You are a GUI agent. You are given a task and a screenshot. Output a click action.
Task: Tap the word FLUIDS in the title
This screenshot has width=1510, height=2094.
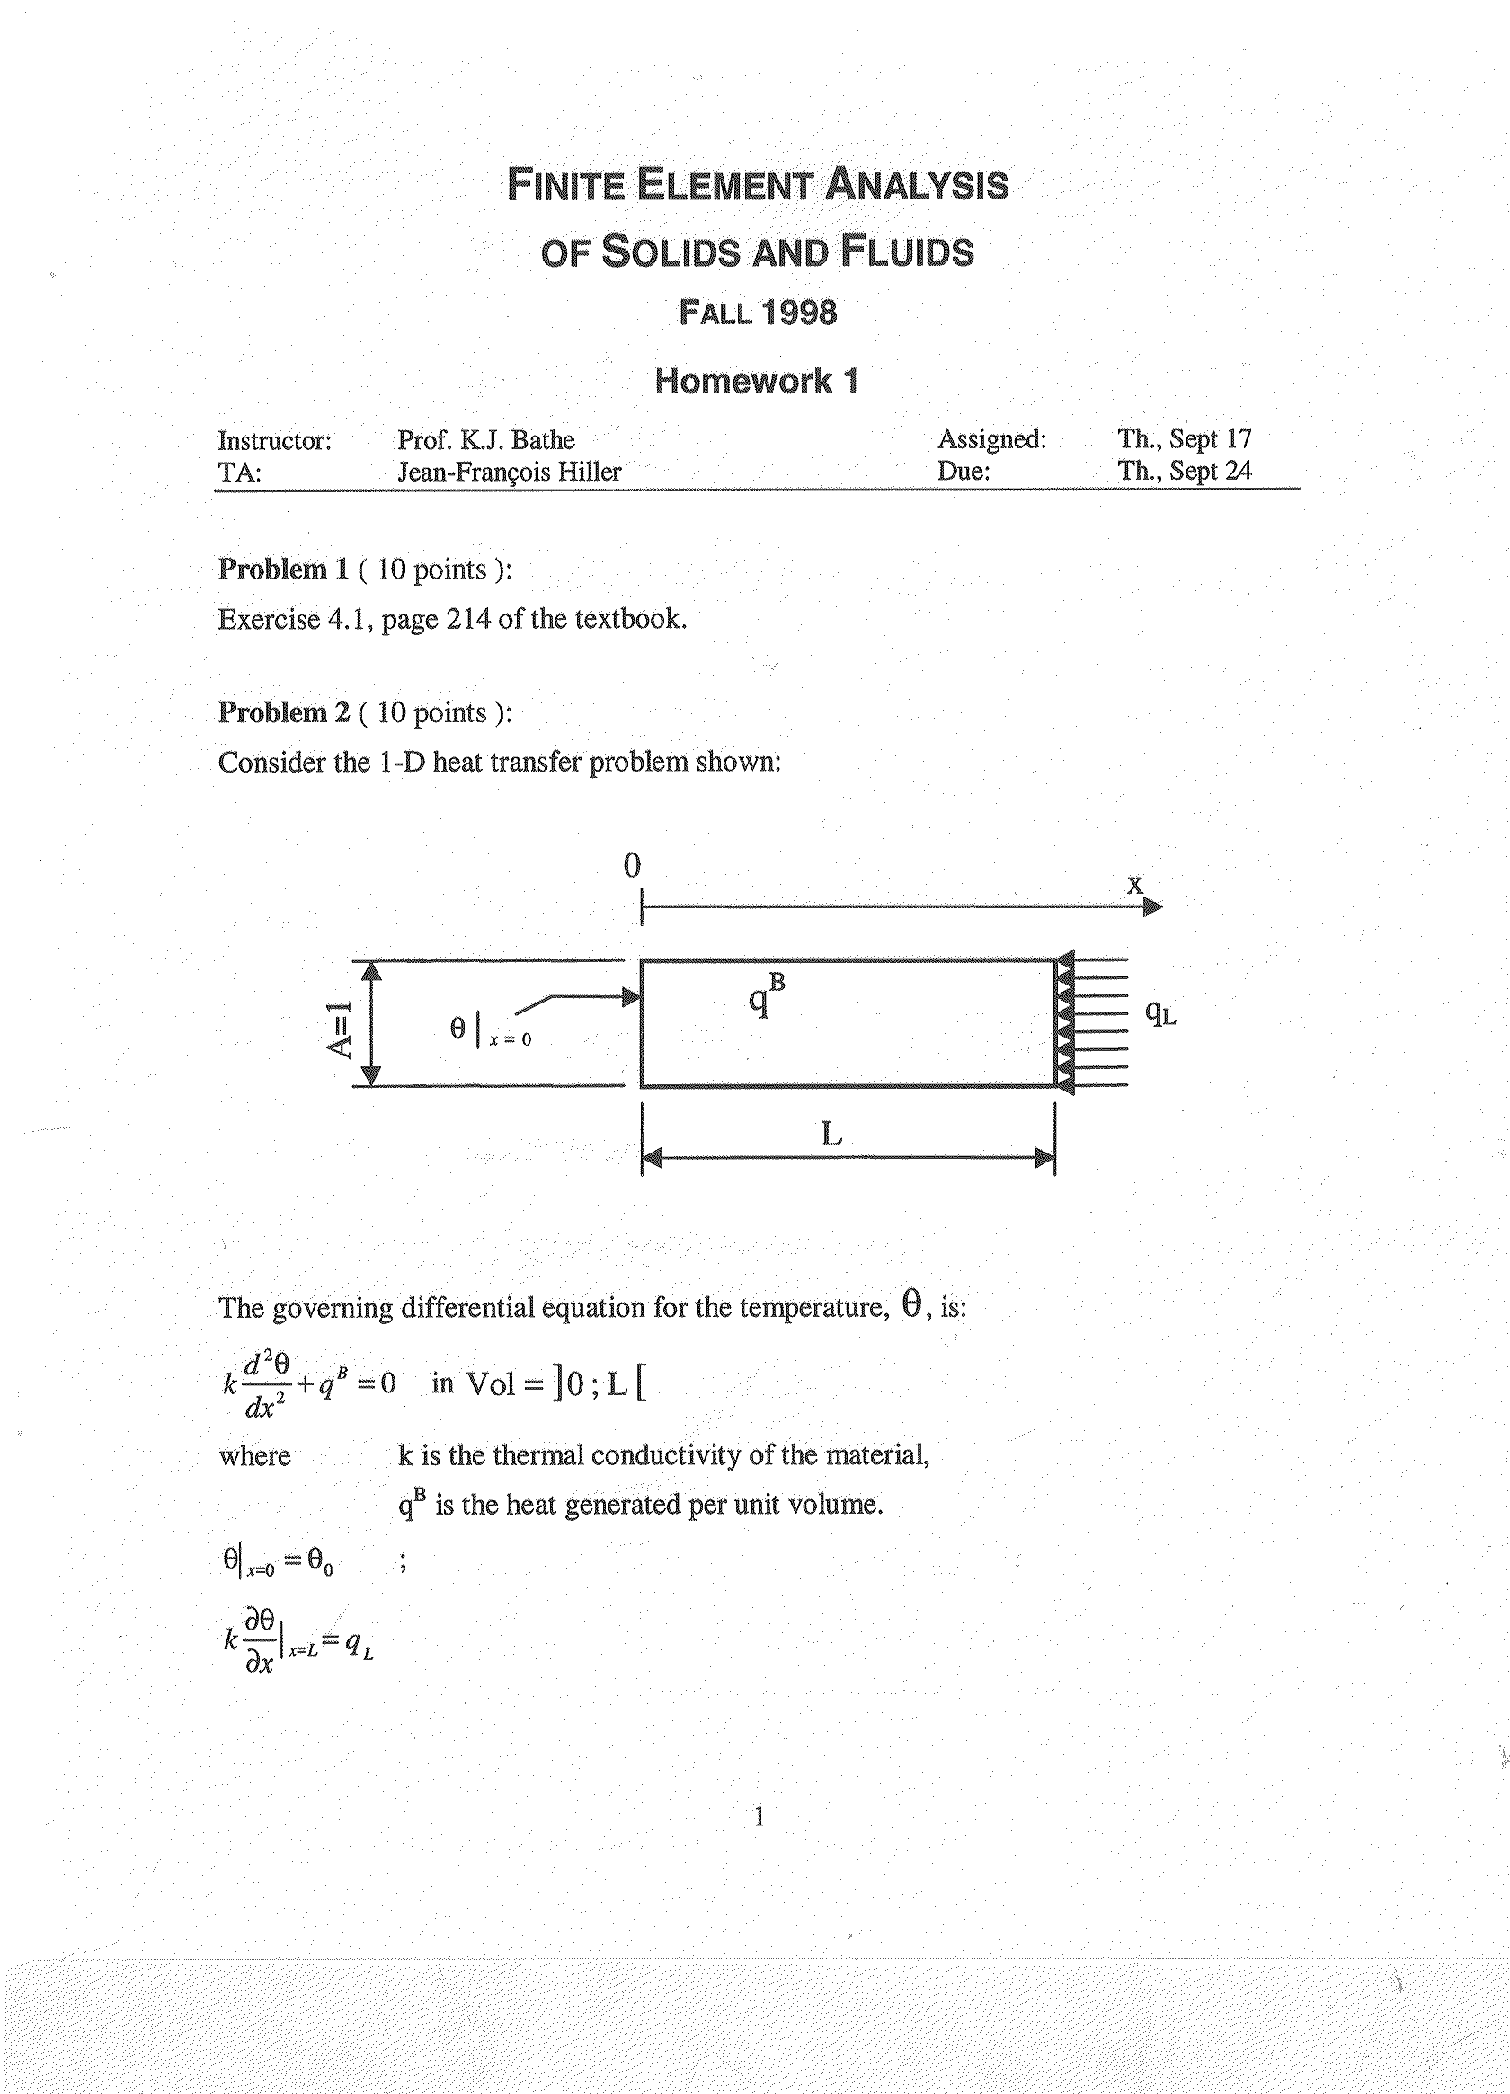pyautogui.click(x=906, y=252)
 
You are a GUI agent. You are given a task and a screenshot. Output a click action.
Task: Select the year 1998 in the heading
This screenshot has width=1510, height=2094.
pyautogui.click(x=800, y=313)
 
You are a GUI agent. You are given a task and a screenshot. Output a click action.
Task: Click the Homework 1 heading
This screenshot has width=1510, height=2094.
pyautogui.click(x=757, y=380)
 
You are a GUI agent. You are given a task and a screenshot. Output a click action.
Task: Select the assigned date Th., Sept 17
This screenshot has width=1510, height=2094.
pyautogui.click(x=1184, y=438)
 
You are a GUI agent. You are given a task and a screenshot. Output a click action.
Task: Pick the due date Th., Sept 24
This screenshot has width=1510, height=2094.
pyautogui.click(x=1184, y=471)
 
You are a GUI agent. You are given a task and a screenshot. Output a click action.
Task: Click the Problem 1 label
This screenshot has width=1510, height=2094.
pyautogui.click(x=282, y=570)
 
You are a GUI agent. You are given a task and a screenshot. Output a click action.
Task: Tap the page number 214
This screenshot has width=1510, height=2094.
pyautogui.click(x=468, y=619)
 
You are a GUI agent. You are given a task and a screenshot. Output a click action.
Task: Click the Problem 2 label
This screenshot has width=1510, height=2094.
pyautogui.click(x=283, y=712)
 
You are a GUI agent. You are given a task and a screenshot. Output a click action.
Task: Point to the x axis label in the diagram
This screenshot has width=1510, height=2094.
pyautogui.click(x=1134, y=885)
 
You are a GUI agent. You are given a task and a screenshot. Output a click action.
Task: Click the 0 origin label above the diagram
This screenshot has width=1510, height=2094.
pyautogui.click(x=632, y=866)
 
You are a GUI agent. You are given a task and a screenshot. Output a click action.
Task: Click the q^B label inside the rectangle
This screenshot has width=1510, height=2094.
pyautogui.click(x=766, y=996)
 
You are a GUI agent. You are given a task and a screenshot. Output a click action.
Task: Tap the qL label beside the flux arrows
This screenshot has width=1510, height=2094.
pyautogui.click(x=1160, y=1012)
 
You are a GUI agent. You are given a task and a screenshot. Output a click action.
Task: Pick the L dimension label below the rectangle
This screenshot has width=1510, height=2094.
pyautogui.click(x=831, y=1133)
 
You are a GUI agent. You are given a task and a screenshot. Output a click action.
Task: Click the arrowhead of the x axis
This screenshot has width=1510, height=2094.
pyautogui.click(x=1153, y=906)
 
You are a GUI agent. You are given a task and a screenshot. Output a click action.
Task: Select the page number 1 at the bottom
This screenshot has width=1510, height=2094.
pyautogui.click(x=759, y=1817)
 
